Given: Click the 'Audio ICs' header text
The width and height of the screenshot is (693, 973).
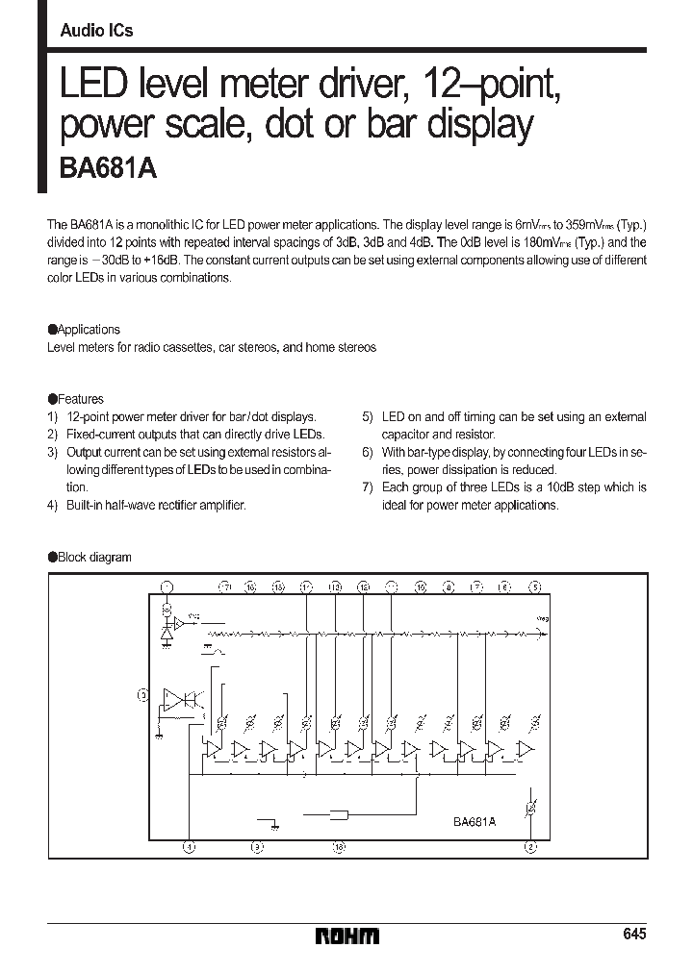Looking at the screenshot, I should coord(96,31).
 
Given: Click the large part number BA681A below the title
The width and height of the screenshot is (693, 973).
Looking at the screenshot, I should coord(101,168).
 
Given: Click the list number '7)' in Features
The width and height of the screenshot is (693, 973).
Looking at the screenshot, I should coord(368,487).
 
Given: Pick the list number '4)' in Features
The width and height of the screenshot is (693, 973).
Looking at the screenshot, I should coord(53,505).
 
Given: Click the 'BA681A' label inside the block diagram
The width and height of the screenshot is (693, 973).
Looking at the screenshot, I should coord(474,822).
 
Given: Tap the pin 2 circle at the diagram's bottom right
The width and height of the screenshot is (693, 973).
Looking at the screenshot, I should coord(530,847).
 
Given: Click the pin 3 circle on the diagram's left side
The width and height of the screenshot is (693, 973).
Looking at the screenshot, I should coord(143,693).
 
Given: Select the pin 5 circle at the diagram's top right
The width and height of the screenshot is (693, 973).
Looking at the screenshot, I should coord(535,586).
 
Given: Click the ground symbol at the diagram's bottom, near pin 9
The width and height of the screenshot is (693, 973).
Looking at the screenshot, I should coord(273,823).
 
